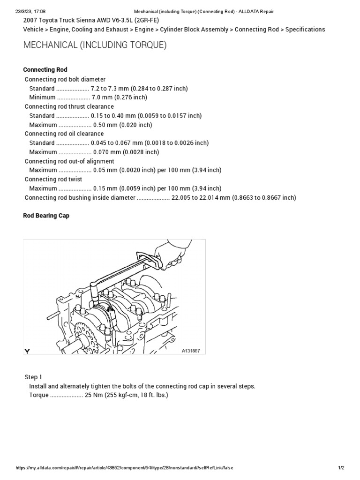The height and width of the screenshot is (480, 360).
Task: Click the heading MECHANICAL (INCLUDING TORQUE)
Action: [95, 45]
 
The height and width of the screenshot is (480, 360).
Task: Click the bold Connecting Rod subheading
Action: [45, 70]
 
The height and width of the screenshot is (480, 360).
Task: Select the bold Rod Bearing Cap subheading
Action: [46, 216]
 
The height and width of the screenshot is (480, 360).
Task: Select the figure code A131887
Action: [191, 351]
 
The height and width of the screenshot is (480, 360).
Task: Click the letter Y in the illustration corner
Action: [27, 351]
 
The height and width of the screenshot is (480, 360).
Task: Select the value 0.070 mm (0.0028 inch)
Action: [126, 152]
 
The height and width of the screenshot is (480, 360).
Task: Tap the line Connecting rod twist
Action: [53, 180]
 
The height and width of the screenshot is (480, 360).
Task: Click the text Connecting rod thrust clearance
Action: [69, 107]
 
